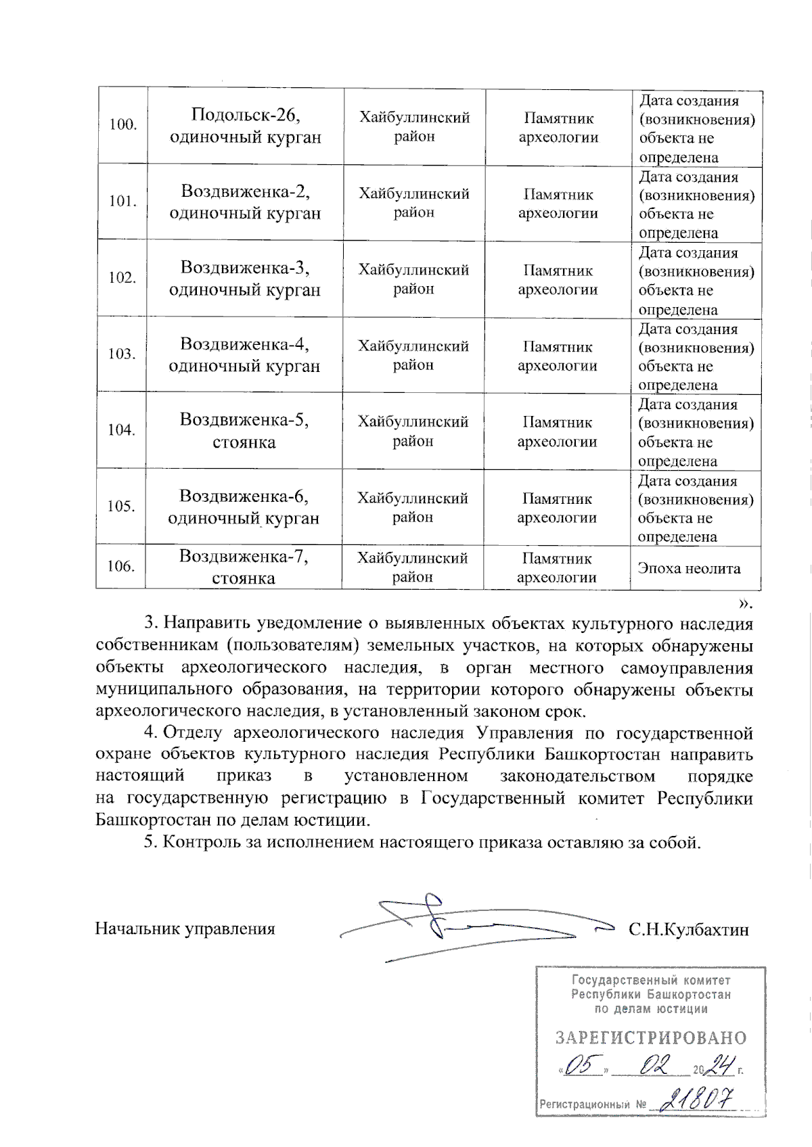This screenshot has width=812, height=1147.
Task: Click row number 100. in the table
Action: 122,125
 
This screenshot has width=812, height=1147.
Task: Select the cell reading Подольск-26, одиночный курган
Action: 245,126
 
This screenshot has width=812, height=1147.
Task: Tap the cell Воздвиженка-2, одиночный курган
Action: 245,202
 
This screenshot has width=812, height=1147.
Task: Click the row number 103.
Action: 122,354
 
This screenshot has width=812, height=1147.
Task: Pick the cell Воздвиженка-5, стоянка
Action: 244,431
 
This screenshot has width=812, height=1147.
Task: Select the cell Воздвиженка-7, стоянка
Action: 244,567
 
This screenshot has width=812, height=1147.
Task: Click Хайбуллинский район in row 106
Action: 413,567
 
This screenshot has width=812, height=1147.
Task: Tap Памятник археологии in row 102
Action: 558,279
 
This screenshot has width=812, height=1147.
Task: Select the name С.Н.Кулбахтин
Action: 688,929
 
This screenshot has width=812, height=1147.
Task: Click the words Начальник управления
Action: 185,929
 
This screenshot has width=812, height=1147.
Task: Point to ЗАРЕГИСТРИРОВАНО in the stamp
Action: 651,1038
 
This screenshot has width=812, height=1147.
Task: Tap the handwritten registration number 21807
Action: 698,1100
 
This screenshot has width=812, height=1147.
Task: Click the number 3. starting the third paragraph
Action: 151,622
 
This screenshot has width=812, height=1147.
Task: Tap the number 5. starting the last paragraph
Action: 151,843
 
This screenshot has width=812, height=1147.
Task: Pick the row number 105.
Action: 121,507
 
